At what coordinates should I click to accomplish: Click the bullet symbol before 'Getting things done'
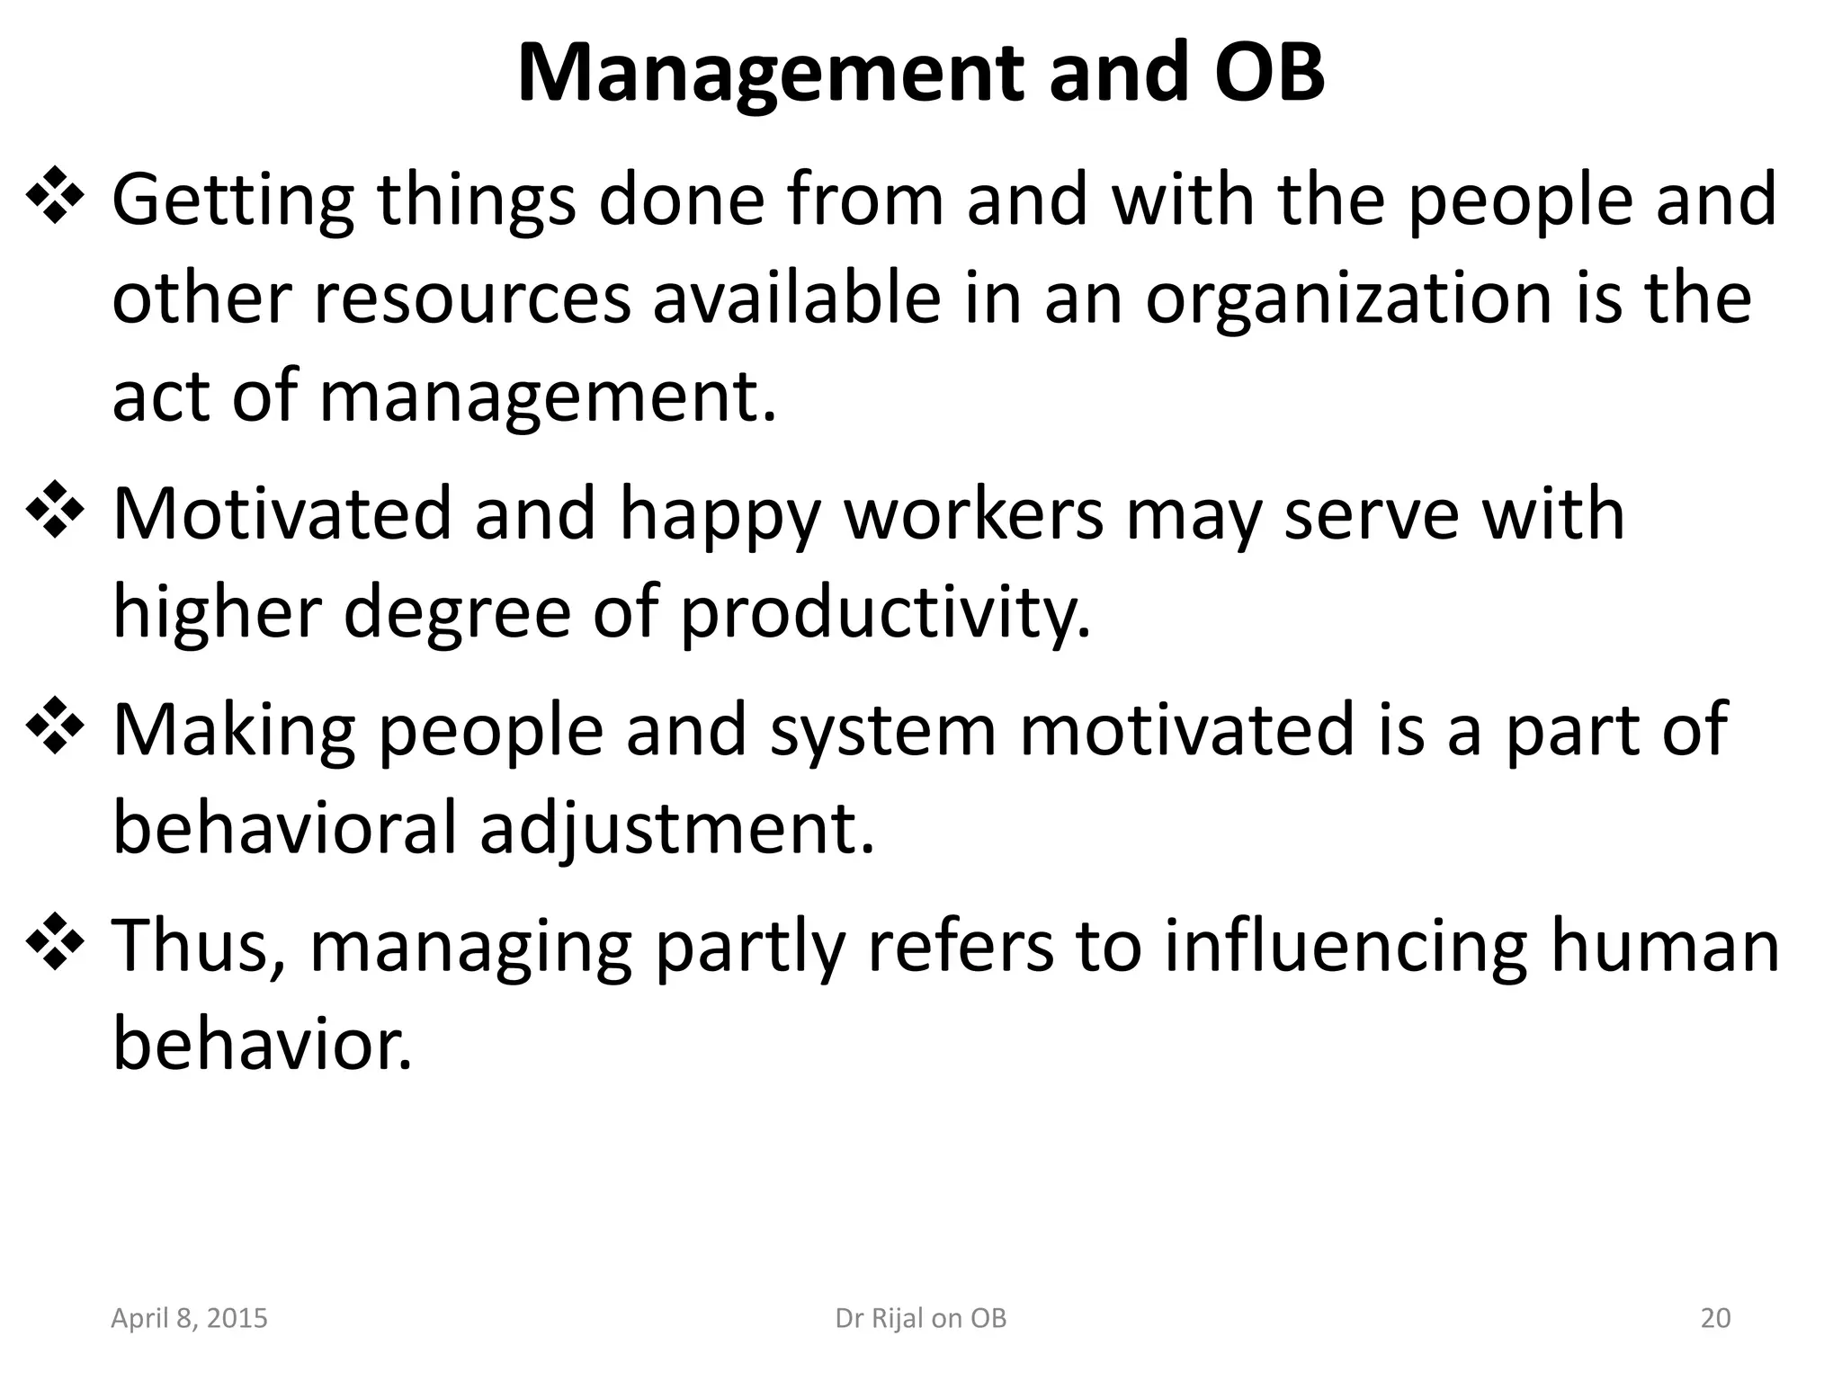click(55, 195)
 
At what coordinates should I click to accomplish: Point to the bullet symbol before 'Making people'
click(55, 726)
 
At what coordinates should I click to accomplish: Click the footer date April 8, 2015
click(189, 1318)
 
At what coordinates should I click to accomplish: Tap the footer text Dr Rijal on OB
click(920, 1318)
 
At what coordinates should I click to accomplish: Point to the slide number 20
click(1715, 1318)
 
